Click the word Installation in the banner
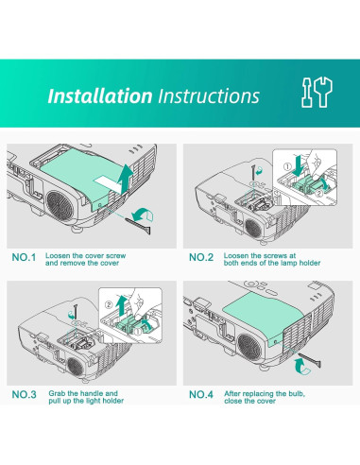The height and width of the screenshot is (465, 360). (x=100, y=95)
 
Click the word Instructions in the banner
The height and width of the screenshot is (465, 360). (x=209, y=95)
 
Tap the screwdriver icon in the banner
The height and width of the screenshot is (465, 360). (x=307, y=93)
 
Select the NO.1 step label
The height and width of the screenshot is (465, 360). (x=24, y=257)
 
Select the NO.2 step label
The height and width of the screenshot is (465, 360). (x=201, y=257)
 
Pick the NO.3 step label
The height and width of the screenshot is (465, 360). (x=24, y=394)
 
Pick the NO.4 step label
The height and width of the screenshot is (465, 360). (x=201, y=394)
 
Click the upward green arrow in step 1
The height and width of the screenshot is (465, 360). (x=125, y=179)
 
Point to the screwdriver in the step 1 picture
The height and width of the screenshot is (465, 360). (x=138, y=225)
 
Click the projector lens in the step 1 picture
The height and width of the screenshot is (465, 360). (x=60, y=206)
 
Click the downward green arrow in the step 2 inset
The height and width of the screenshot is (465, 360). (x=298, y=165)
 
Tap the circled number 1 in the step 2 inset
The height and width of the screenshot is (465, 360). (x=287, y=166)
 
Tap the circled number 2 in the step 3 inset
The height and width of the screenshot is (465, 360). (x=109, y=304)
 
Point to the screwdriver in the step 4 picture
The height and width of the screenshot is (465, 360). (x=310, y=360)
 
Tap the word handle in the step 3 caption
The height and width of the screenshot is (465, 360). (x=93, y=393)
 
